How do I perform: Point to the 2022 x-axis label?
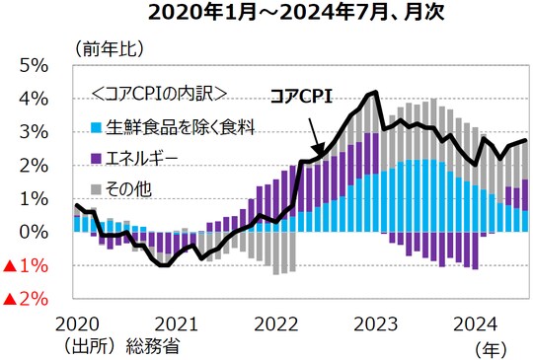point(275,324)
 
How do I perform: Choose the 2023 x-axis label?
point(376,324)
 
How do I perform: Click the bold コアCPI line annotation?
point(302,97)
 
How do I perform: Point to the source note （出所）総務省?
point(118,345)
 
